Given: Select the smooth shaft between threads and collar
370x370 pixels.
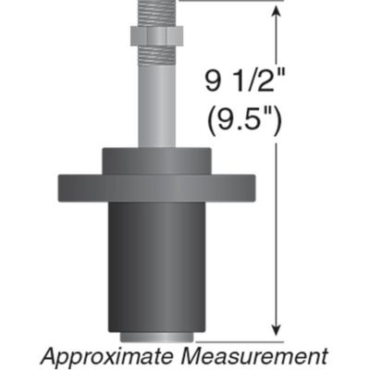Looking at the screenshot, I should point(158,111).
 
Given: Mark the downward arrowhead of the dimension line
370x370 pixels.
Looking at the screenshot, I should point(277,330).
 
